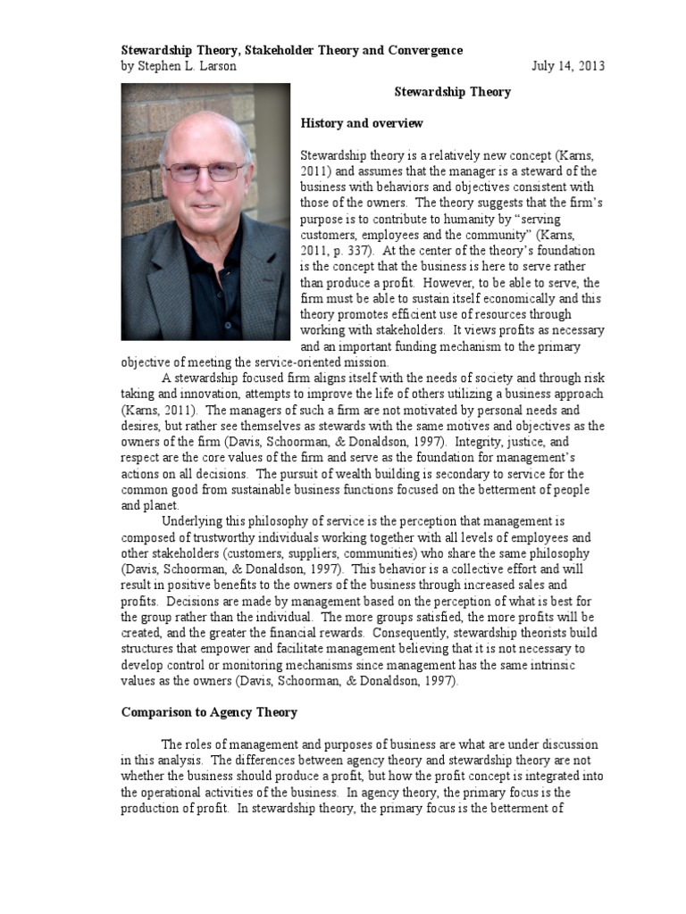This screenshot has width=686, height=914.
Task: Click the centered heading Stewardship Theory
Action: (452, 92)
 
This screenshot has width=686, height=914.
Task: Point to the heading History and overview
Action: (362, 123)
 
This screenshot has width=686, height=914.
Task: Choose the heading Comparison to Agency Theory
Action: (209, 712)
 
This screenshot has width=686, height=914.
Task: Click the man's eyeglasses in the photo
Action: (205, 171)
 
